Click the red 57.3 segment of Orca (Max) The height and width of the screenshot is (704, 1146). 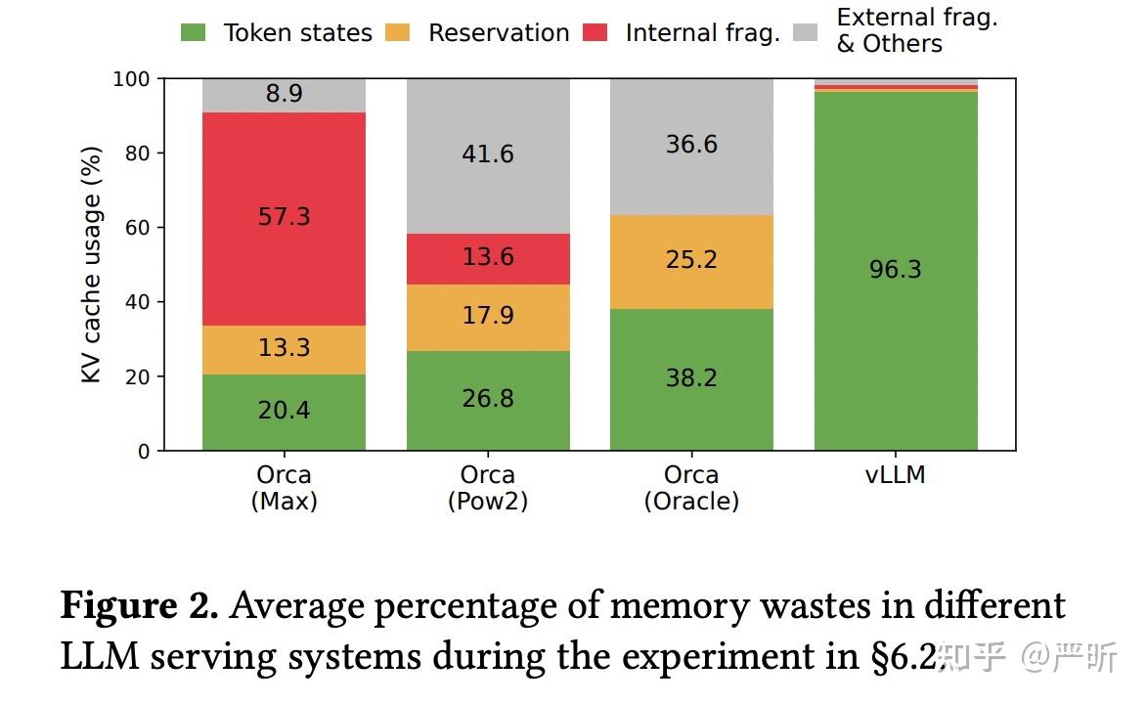tap(284, 219)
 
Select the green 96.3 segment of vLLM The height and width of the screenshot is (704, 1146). tap(896, 271)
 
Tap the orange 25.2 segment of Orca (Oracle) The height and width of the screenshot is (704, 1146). tap(691, 262)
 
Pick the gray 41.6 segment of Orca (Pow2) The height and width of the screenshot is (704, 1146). tap(488, 155)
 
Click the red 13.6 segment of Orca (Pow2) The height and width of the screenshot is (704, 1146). tap(488, 259)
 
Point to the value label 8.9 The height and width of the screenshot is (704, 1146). tap(284, 94)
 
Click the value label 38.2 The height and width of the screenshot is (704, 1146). tap(691, 378)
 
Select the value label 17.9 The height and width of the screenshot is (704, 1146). tap(488, 315)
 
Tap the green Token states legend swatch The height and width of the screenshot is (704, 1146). tap(193, 32)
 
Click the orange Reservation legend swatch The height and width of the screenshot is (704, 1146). tap(398, 32)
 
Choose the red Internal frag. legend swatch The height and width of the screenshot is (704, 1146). tap(595, 32)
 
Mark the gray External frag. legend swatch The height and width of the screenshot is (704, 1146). tap(806, 32)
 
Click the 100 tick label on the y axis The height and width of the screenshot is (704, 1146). tap(131, 79)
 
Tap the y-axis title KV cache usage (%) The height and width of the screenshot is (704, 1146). tap(91, 265)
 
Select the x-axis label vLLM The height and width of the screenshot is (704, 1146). tap(896, 475)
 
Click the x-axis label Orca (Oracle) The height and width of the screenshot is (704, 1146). tap(691, 488)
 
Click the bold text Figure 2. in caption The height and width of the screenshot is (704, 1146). tap(139, 606)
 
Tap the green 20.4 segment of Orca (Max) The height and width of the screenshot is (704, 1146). tap(284, 413)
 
